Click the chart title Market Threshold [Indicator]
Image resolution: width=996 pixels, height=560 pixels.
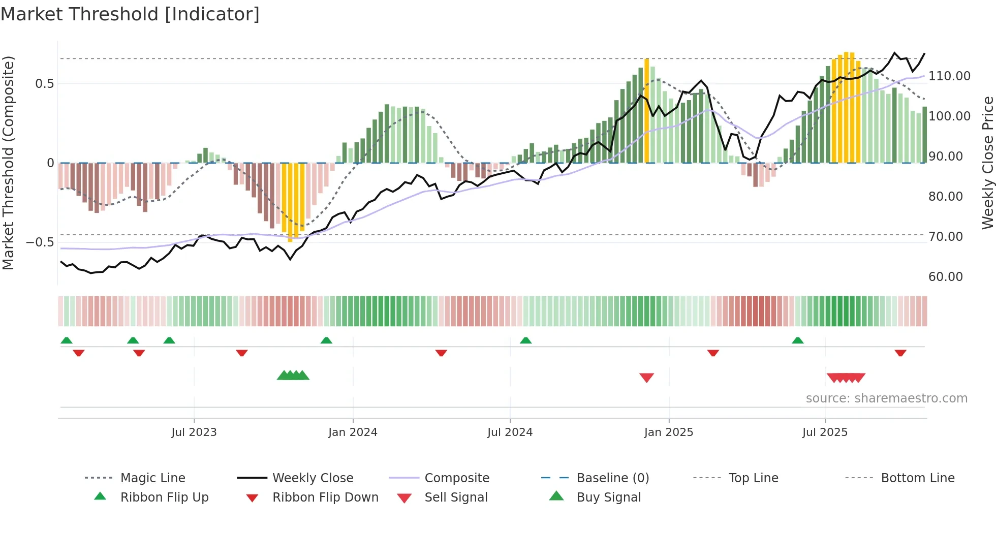pyautogui.click(x=130, y=14)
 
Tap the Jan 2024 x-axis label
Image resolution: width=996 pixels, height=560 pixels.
pyautogui.click(x=353, y=432)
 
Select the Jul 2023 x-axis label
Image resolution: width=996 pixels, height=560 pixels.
pyautogui.click(x=194, y=432)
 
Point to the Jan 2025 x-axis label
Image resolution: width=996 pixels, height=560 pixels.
pyautogui.click(x=668, y=432)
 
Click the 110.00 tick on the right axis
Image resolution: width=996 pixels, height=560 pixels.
pyautogui.click(x=949, y=76)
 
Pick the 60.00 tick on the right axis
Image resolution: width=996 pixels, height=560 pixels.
pyautogui.click(x=945, y=277)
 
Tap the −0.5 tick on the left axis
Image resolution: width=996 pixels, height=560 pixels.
pyautogui.click(x=40, y=242)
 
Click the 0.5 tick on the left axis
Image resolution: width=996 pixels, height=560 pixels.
pyautogui.click(x=44, y=84)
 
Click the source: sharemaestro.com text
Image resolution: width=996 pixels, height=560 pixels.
pyautogui.click(x=886, y=398)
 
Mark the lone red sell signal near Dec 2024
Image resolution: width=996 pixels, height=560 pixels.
pyautogui.click(x=646, y=378)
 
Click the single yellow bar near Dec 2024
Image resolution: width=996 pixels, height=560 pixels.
pyautogui.click(x=646, y=112)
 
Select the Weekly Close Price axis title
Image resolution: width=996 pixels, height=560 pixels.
pyautogui.click(x=987, y=163)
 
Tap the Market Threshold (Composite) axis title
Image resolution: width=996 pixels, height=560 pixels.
pyautogui.click(x=8, y=163)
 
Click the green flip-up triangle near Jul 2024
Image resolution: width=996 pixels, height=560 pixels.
pyautogui.click(x=525, y=340)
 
